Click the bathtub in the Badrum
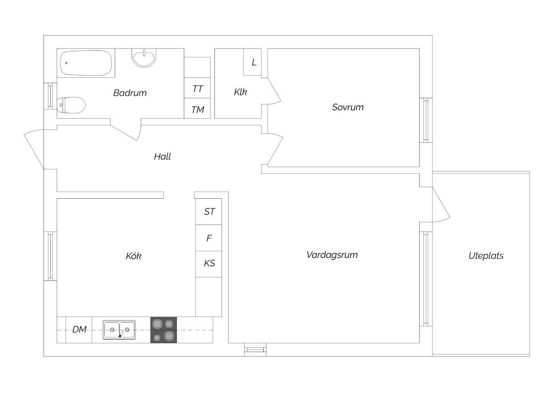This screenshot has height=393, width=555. (x=86, y=63)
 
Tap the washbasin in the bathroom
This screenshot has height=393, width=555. (x=144, y=58)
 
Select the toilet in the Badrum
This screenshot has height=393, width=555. (x=71, y=105)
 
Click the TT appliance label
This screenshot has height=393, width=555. (x=198, y=89)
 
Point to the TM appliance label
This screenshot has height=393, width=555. (x=198, y=109)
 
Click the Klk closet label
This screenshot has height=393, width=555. (x=240, y=92)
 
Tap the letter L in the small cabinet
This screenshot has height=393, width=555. (x=254, y=62)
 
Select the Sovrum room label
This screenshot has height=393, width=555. (x=348, y=107)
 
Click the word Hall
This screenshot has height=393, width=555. (x=163, y=156)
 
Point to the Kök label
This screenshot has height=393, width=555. (x=134, y=256)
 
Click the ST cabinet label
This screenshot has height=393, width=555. (x=210, y=211)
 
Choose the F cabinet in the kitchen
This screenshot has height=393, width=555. (x=209, y=238)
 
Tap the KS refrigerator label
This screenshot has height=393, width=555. (x=210, y=263)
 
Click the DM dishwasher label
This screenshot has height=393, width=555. (x=79, y=329)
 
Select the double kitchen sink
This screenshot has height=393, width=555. (x=119, y=330)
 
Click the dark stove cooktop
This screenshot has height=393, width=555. (x=163, y=330)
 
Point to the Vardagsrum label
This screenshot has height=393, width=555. (x=332, y=255)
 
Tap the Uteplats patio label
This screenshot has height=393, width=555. (x=486, y=256)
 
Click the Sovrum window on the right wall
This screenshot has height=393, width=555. (x=426, y=120)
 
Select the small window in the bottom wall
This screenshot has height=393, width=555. (x=255, y=349)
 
